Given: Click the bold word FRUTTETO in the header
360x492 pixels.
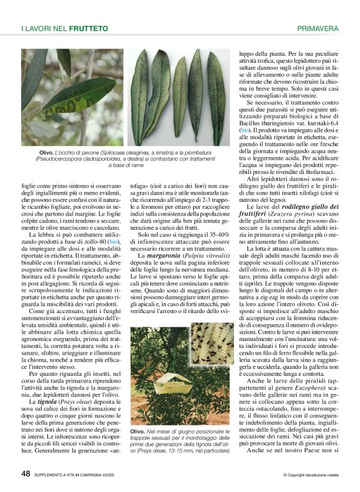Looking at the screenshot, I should point(88,29).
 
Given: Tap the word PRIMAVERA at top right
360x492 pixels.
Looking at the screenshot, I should point(318,29).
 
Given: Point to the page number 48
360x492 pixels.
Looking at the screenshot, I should point(25,475).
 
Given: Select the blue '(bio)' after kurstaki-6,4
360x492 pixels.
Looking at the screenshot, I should point(246,130).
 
